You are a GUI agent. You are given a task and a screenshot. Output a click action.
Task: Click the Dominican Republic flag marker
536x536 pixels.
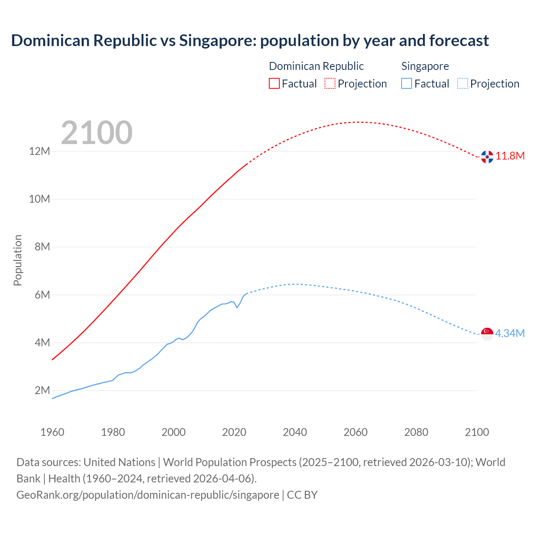[x=487, y=157]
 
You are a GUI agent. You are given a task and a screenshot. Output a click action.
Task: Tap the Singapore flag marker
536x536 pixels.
[x=487, y=334]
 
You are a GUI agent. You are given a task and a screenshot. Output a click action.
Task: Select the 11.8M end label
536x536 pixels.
[x=510, y=156]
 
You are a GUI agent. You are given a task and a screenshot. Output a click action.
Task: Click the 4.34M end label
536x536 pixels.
[x=510, y=333]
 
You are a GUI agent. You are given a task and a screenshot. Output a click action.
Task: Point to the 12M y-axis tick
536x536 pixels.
[x=39, y=151]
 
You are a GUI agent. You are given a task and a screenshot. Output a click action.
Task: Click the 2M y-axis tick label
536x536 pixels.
[x=42, y=390]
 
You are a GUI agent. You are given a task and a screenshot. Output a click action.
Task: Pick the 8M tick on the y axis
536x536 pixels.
[x=42, y=247]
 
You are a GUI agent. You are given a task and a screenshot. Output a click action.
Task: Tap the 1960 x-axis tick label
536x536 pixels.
[x=52, y=432]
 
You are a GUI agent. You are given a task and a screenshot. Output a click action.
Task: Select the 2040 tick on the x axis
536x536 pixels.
[x=295, y=432]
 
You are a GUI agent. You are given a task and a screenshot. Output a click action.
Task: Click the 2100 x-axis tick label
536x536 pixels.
[x=477, y=432]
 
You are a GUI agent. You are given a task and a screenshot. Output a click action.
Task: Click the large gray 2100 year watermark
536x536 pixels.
[x=97, y=133]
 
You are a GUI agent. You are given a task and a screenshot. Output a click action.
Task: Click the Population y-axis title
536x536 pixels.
[x=18, y=260]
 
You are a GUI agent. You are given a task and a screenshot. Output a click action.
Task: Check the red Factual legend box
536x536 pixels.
[x=274, y=83]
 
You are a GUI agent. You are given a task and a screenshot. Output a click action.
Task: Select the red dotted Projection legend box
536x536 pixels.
[x=330, y=83]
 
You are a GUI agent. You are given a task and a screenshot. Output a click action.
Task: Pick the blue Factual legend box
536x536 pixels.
[x=407, y=83]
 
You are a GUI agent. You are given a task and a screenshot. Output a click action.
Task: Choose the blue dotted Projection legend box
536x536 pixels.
[x=462, y=83]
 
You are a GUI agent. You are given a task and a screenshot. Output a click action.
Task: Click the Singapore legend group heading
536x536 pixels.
[x=425, y=66]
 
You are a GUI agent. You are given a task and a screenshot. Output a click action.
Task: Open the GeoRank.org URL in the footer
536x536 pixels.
[x=147, y=495]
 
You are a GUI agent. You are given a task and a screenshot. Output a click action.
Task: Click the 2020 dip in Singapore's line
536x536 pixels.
[x=237, y=307]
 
